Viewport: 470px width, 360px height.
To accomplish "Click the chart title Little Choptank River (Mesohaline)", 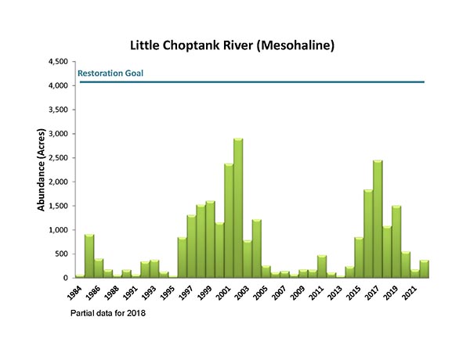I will pos(235,45).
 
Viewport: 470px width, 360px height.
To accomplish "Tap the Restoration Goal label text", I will pos(110,74).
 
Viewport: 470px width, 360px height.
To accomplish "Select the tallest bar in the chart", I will pos(237,208).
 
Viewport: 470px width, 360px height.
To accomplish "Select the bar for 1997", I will pos(191,247).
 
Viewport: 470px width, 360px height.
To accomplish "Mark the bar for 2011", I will pos(321,267).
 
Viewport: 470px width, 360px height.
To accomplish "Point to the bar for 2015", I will pos(358,257).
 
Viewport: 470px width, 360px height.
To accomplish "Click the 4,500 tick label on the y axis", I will pos(57,61).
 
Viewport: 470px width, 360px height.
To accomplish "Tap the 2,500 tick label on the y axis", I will pos(57,157).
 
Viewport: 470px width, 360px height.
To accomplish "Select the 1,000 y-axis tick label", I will pos(57,230).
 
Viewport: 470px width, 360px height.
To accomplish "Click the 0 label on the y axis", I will pos(66,278).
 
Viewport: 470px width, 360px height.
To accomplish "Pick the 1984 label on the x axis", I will pos(74,293).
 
